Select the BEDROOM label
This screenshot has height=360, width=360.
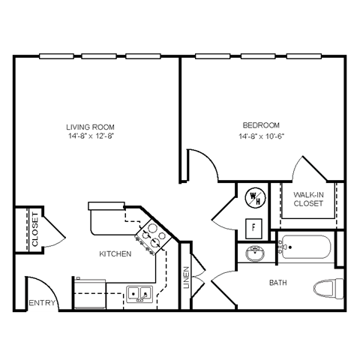pos(260,124)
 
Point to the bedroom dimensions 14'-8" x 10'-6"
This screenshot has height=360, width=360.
pos(260,136)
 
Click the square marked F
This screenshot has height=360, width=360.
pos(253,226)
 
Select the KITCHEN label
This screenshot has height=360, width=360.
pos(115,254)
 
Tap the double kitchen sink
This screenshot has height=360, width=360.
pos(138,294)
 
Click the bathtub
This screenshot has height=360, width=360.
pos(306,247)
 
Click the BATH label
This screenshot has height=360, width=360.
pos(278,283)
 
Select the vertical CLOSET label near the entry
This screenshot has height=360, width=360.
pos(34,229)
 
